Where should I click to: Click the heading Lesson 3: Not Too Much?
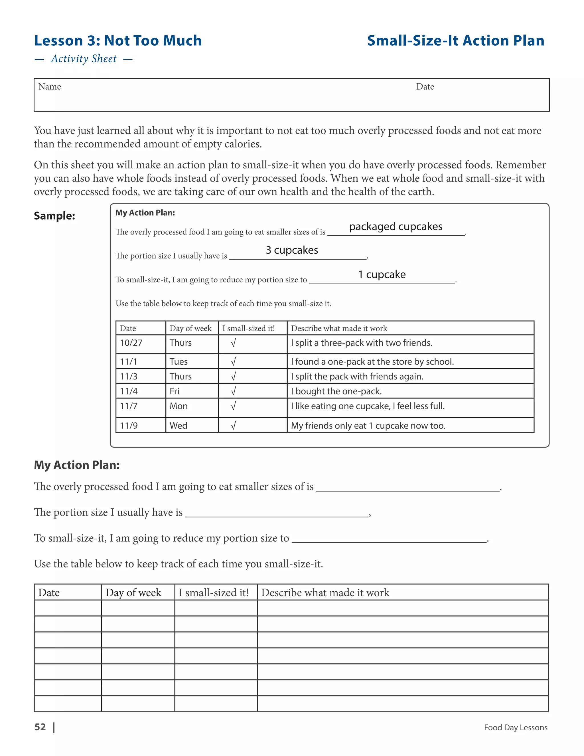pos(118,41)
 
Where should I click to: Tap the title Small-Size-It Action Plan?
pos(455,41)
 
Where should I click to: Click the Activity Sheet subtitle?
pos(84,59)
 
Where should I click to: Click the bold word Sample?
pos(54,216)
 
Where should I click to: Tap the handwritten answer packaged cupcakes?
pos(396,227)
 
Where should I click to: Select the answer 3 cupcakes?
pos(292,250)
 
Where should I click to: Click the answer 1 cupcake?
pos(382,274)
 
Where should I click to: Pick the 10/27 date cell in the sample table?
pos(131,343)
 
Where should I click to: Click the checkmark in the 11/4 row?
pos(233,391)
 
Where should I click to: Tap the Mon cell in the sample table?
pos(179,406)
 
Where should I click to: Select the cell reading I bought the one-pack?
pos(336,391)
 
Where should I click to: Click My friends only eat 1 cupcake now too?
pos(368,425)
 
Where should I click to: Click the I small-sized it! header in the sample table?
pos(248,328)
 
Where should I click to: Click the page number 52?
pos(40,727)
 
